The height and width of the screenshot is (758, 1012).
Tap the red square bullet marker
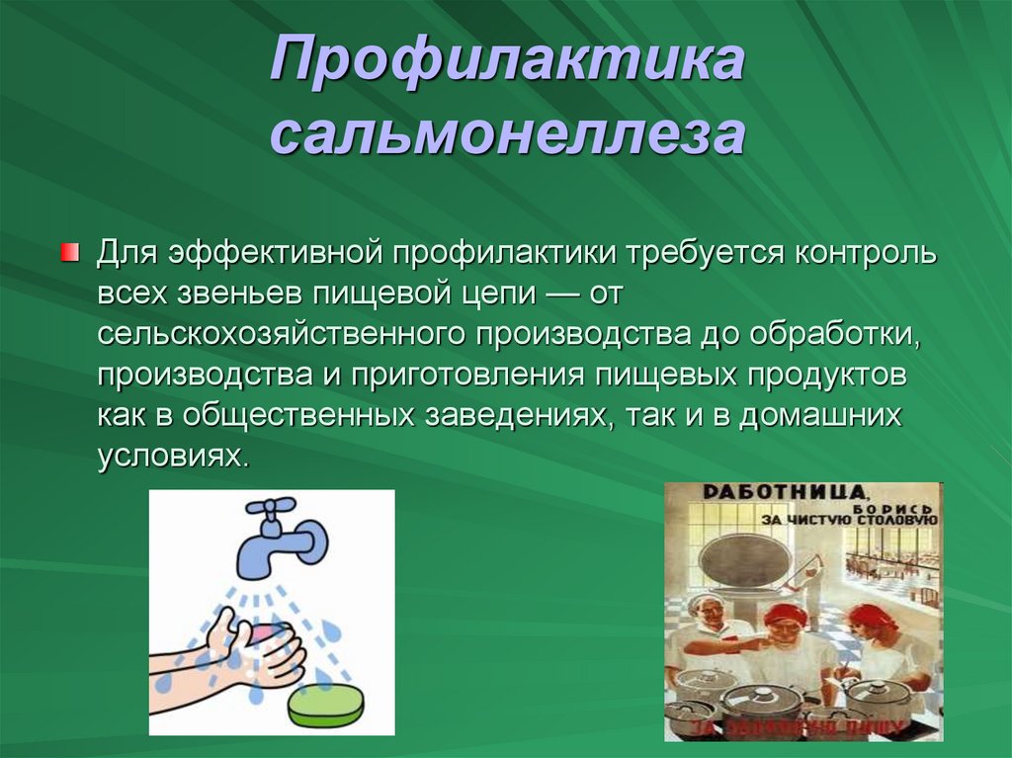(x=68, y=252)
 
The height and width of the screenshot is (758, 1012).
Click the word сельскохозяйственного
(x=283, y=334)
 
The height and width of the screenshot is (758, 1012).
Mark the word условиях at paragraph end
(x=169, y=457)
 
